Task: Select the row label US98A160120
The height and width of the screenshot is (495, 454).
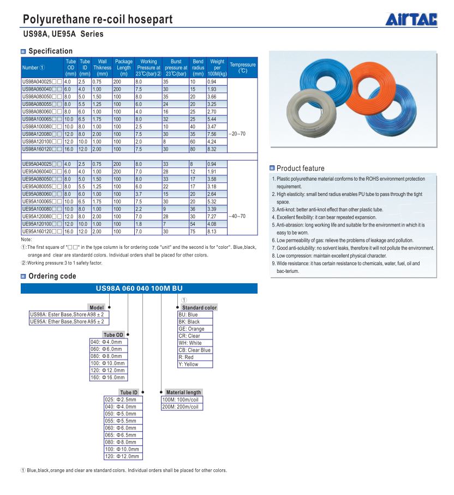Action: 37,148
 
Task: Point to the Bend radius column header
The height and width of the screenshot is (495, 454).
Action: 198,68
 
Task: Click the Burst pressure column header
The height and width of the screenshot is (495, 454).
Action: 176,68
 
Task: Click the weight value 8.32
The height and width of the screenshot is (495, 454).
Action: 212,148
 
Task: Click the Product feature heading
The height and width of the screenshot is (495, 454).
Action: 300,168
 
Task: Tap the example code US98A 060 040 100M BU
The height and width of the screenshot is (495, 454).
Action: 139,289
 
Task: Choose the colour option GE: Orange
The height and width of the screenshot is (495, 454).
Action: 192,329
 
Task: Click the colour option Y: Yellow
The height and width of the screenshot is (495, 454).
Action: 188,364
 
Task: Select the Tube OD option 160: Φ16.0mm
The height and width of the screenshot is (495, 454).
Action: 107,377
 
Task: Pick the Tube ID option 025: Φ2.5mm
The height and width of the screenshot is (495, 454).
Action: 121,399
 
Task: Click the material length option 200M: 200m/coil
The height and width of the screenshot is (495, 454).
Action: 181,407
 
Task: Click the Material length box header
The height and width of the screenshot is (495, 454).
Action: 183,392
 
